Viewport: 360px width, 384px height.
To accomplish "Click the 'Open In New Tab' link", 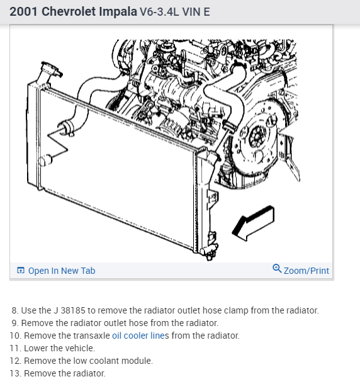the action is tap(62, 271).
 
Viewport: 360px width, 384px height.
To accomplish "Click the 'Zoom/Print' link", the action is tap(306, 271).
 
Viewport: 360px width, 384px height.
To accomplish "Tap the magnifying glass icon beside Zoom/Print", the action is tap(277, 268).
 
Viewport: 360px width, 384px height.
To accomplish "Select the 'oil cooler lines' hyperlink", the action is tap(140, 336).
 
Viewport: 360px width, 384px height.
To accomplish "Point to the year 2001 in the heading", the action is tap(23, 11).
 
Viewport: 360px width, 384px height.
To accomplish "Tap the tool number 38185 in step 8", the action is tap(73, 310).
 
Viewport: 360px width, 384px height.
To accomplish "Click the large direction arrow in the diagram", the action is tap(254, 223).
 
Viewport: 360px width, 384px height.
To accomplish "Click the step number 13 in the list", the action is tap(14, 373).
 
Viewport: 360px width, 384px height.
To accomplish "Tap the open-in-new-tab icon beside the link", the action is tap(21, 270).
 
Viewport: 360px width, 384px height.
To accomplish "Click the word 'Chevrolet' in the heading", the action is tap(69, 11).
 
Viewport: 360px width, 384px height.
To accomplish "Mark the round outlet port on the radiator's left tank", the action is tap(45, 161).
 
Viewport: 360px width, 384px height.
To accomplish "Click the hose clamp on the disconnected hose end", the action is tap(67, 128).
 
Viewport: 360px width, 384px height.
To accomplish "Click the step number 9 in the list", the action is tap(14, 323).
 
